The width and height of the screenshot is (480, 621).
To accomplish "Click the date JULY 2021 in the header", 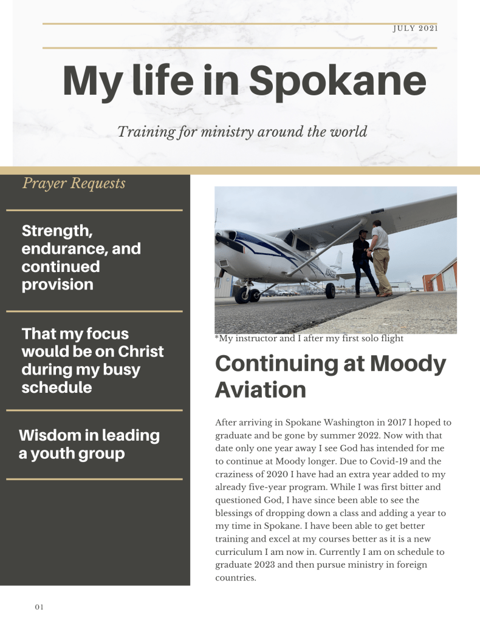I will pos(416,28).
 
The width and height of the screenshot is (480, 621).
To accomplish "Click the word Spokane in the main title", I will pos(337,81).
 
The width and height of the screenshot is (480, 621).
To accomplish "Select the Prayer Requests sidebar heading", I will pos(74,183).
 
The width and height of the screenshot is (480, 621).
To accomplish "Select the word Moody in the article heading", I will pos(408,364).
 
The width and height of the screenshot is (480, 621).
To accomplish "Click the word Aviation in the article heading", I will pos(261,390).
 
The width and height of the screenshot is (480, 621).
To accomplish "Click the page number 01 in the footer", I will pos(39,606).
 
